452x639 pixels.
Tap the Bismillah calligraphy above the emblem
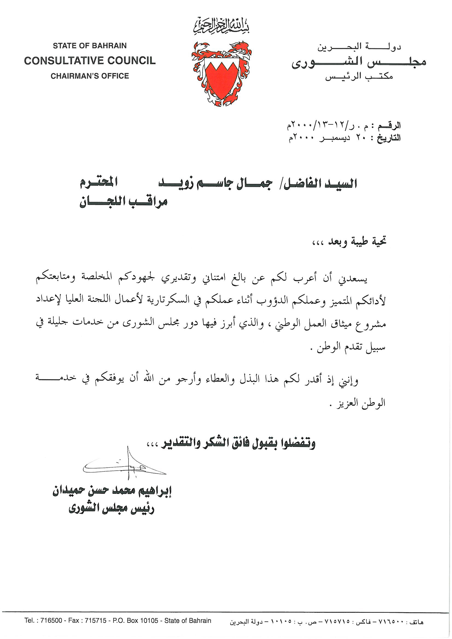[x=221, y=26]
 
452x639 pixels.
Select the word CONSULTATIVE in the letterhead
[x=63, y=61]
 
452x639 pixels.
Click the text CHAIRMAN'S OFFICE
[x=90, y=76]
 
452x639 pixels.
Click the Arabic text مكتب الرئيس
[x=359, y=76]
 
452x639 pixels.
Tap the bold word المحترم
[x=99, y=183]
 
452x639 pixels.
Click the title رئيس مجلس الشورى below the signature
[x=111, y=508]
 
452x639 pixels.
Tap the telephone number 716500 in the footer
[x=51, y=621]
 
